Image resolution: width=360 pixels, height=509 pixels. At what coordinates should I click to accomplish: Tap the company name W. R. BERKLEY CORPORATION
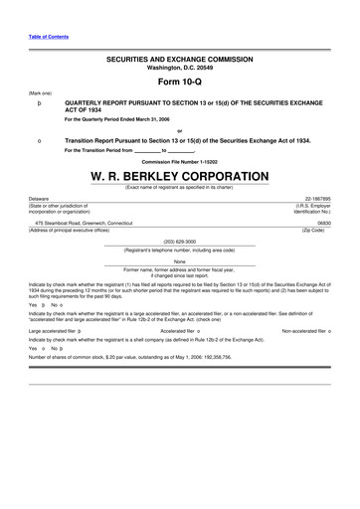coord(179,175)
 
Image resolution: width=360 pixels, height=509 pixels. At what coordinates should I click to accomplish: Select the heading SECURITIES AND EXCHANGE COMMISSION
coord(179,60)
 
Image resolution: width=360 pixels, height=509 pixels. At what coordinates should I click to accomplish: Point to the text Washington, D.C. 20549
coord(179,68)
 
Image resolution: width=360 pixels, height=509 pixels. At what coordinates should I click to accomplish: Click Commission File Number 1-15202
coord(179,161)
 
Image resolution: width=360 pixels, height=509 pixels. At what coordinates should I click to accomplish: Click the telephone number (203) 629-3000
coord(179,240)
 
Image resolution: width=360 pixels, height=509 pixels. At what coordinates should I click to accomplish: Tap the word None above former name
coord(179,261)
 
